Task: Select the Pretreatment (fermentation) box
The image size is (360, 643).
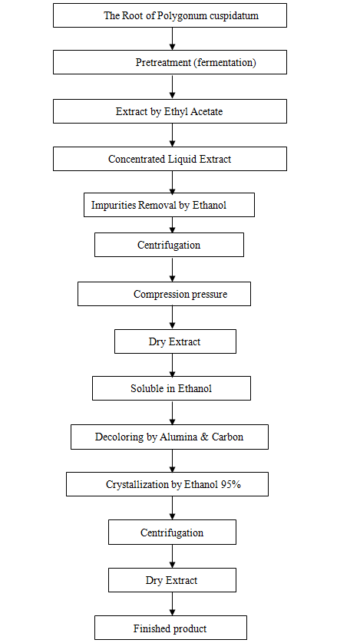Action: click(x=170, y=62)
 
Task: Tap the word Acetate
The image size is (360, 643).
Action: click(x=205, y=111)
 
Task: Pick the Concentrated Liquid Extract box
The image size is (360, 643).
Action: click(x=170, y=159)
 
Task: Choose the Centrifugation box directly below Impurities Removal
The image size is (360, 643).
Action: click(x=169, y=245)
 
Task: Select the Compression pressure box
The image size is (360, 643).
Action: click(x=164, y=294)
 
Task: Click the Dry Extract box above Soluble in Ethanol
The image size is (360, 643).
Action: click(x=175, y=341)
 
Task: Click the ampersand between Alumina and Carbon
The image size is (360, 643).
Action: click(x=205, y=437)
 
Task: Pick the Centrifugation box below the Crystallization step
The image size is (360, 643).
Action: click(x=172, y=533)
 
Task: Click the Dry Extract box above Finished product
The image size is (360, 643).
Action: click(x=172, y=580)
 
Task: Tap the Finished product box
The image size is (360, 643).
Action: click(x=170, y=628)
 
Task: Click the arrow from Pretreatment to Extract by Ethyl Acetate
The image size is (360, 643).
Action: click(x=172, y=87)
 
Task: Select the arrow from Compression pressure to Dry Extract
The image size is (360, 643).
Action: click(x=172, y=318)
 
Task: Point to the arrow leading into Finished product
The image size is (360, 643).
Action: click(x=172, y=604)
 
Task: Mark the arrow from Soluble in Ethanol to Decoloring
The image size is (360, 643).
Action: click(x=172, y=413)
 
